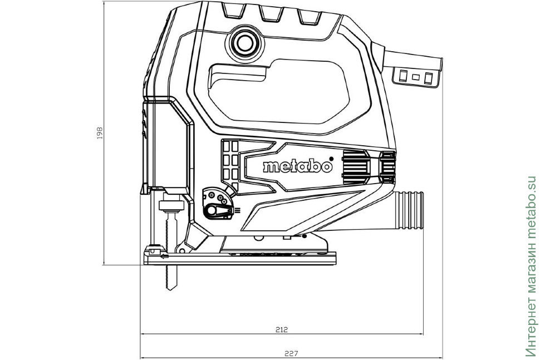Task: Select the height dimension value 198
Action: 100,134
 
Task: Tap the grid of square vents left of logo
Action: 229,159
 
